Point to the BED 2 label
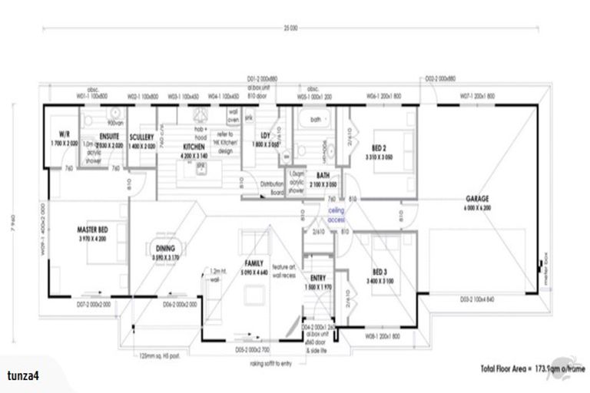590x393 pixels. [380, 147]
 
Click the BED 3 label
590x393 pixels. [380, 272]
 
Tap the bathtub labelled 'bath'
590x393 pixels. [315, 121]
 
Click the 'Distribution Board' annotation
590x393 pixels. [273, 188]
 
